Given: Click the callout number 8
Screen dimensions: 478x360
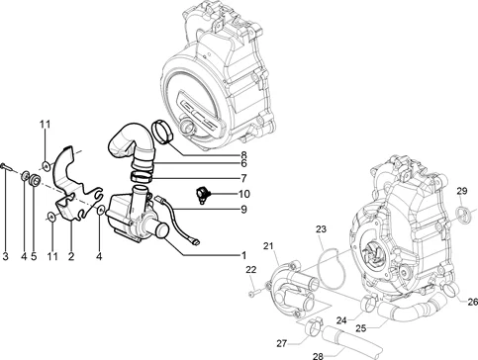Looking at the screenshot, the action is [x=243, y=154].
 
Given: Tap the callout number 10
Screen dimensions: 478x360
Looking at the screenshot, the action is [x=244, y=194].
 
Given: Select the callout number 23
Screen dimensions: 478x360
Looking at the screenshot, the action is [x=321, y=228].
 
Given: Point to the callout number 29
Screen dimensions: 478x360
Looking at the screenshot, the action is [x=462, y=191].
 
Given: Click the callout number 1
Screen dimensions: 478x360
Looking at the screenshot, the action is [x=243, y=255].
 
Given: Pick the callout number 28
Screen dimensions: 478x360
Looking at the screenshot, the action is [x=318, y=356].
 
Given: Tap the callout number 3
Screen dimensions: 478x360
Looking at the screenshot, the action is [x=5, y=256].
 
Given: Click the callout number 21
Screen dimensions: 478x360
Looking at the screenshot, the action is [x=268, y=246].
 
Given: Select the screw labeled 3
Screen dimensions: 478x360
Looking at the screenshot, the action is [x=7, y=167].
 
